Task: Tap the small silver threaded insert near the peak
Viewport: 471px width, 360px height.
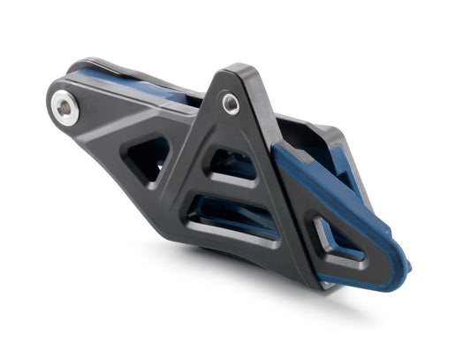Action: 231,103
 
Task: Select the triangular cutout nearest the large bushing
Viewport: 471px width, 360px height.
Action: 147,157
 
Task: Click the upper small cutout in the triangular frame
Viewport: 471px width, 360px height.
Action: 231,165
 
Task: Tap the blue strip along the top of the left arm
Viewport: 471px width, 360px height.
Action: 133,80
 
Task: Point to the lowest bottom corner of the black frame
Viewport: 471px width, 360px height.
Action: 306,284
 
